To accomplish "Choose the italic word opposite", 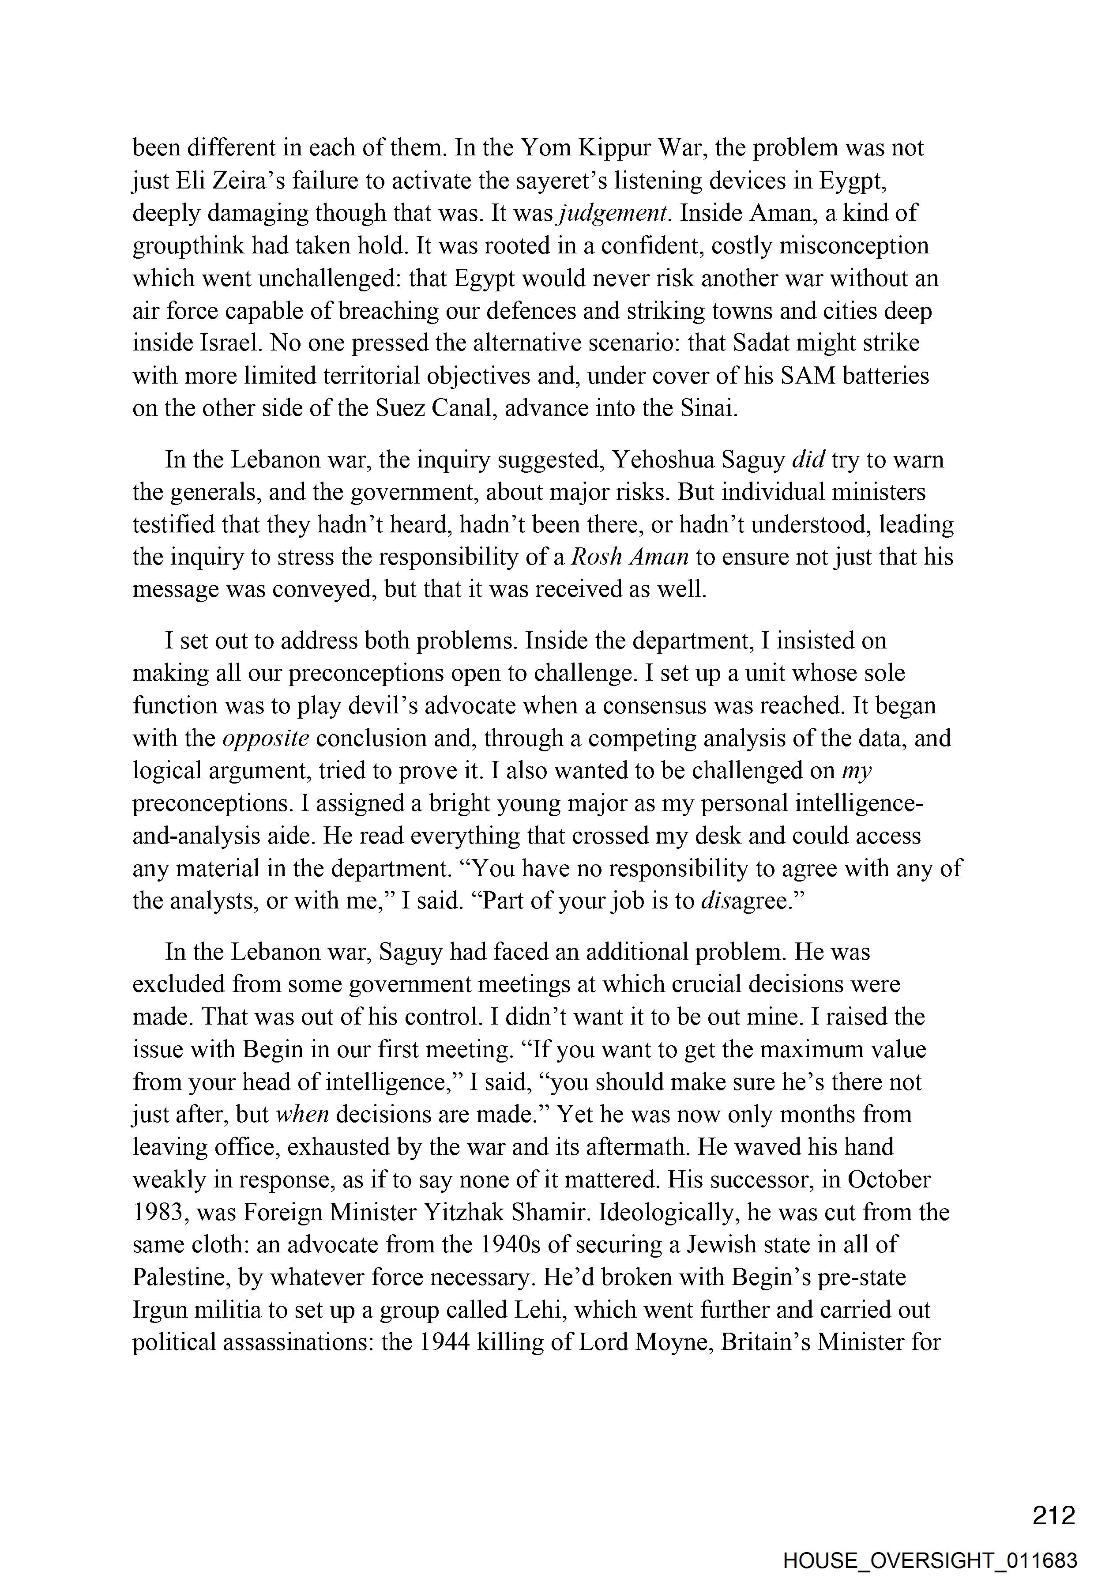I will point(267,739).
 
